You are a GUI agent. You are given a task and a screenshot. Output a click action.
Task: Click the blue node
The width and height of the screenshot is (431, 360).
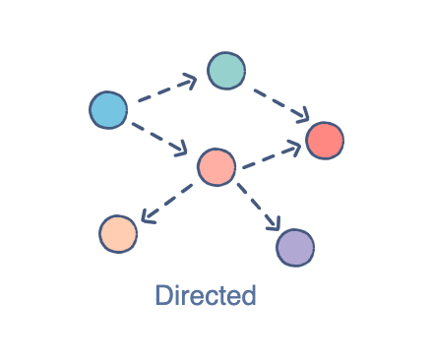tap(108, 109)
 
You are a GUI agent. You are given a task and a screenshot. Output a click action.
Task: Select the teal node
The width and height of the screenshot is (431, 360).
tap(226, 71)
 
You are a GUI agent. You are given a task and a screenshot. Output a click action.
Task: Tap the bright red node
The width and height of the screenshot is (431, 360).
tap(325, 141)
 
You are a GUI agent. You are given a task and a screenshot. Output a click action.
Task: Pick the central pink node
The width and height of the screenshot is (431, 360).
tap(216, 167)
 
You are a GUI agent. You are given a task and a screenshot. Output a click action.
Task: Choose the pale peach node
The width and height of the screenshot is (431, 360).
tap(118, 233)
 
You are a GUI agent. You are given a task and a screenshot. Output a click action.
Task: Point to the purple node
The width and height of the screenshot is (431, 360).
tap(295, 247)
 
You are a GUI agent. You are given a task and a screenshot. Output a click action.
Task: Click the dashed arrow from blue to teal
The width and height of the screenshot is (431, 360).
tap(165, 90)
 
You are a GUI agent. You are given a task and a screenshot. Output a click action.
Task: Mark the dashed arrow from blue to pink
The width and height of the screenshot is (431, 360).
tap(157, 136)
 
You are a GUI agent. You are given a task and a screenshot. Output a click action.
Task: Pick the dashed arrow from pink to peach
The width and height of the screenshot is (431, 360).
tap(167, 201)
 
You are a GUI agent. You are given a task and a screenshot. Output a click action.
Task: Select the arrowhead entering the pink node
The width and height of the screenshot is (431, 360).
tap(181, 150)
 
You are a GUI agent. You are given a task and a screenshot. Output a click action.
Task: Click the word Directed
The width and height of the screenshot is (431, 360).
tap(206, 295)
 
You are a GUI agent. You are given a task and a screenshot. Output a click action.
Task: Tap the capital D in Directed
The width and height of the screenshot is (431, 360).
tap(164, 295)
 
